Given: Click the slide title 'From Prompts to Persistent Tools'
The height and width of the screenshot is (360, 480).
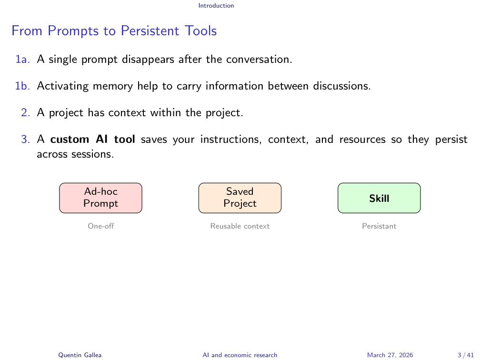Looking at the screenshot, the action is [114, 31].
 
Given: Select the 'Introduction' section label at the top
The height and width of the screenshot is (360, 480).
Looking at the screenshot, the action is [216, 6].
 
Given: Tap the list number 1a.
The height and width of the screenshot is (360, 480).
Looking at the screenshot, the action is [23, 59].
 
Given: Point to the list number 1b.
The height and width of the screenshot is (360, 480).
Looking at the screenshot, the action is [23, 86].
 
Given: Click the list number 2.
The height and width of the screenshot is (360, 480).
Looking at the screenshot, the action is [25, 112].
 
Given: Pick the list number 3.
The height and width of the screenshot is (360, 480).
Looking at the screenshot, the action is [25, 139].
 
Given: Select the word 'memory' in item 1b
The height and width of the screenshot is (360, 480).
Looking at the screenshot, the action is [113, 86].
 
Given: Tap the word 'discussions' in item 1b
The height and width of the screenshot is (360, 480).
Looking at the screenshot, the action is [341, 86].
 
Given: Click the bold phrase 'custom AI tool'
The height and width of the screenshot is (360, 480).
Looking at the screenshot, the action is [92, 139].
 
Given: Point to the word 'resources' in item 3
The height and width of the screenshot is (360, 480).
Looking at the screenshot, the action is [362, 139].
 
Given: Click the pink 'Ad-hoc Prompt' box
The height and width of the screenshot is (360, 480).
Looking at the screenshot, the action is [101, 198].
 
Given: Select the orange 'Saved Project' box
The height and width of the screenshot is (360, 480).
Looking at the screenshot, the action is [240, 198].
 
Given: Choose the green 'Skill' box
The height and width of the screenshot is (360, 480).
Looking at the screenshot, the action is [379, 198].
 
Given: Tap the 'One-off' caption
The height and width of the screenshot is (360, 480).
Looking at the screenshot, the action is [101, 226].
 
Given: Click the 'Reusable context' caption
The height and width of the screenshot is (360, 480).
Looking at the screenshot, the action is [240, 226].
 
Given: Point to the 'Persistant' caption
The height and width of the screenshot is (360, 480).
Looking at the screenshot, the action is [379, 226].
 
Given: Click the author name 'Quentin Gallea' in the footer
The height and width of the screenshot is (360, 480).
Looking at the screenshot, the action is [80, 355].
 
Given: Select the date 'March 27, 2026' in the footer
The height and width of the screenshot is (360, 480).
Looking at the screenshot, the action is [390, 355].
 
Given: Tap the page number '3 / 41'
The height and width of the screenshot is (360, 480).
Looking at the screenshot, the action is [466, 355].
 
